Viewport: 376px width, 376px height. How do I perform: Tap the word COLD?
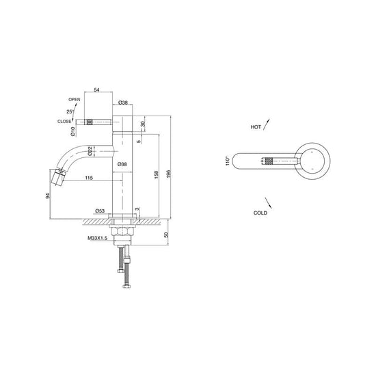click(260, 213)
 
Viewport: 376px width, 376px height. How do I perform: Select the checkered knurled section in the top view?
click(268, 162)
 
